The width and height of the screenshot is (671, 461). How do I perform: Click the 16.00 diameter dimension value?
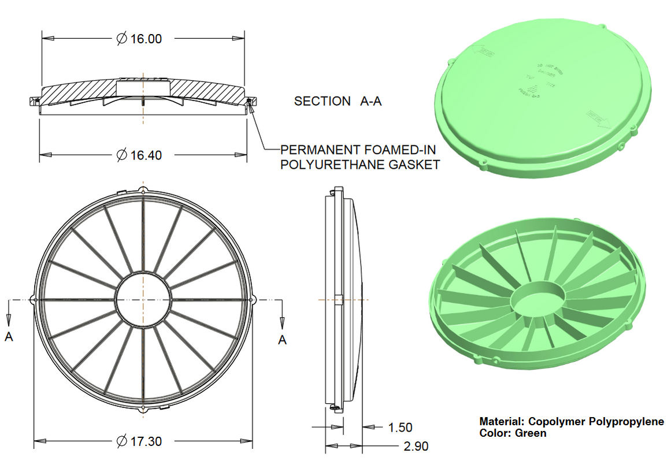[146, 39]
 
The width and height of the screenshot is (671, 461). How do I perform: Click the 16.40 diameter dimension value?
[146, 155]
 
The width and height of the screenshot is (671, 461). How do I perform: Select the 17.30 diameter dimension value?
[146, 441]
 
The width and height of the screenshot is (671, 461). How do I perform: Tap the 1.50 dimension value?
[400, 427]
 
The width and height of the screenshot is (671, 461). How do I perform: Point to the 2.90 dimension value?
[416, 446]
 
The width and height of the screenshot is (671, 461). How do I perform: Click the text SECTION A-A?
[338, 101]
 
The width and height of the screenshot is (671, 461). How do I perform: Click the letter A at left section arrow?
[9, 337]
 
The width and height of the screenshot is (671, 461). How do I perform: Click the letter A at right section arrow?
[282, 340]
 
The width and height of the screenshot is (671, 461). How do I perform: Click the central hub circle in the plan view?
[143, 300]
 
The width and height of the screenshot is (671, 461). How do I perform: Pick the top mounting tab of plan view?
[143, 190]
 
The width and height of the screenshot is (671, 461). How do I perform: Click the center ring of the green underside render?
[537, 300]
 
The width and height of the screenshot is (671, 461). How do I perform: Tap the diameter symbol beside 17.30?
[121, 441]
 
